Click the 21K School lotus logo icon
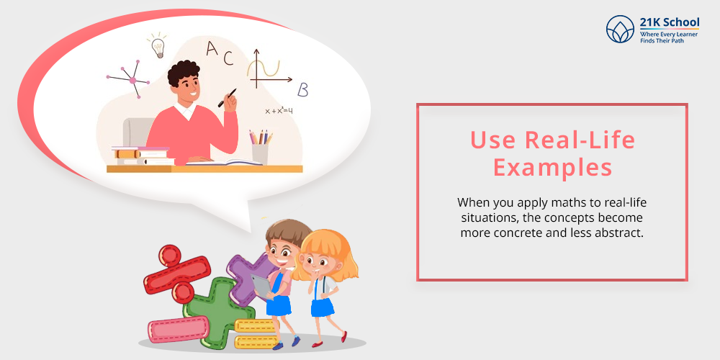click(620, 29)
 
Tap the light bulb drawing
click(157, 45)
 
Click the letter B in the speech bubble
click(302, 90)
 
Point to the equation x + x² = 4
click(279, 110)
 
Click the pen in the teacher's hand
click(228, 98)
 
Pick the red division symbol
click(177, 274)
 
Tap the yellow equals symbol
click(255, 334)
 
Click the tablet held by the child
click(262, 286)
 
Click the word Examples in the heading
click(552, 167)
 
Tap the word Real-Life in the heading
click(580, 140)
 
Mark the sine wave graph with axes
click(270, 69)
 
